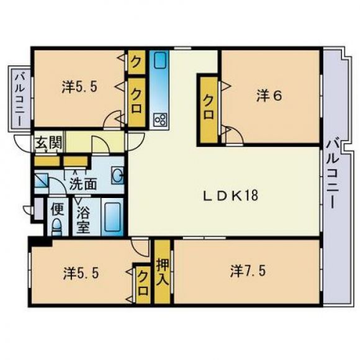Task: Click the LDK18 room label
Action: click(231, 196)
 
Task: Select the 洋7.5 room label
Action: click(248, 271)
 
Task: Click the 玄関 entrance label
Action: click(49, 142)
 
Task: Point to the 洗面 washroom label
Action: click(83, 184)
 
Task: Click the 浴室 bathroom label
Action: click(83, 220)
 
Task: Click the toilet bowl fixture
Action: click(57, 227)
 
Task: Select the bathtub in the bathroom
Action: click(112, 217)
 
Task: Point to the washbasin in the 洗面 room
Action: click(117, 176)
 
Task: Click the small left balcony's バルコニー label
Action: click(19, 99)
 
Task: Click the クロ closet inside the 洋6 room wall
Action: click(209, 110)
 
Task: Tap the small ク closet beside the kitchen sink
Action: click(137, 62)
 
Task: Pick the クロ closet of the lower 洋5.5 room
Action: click(143, 284)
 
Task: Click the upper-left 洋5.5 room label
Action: click(79, 87)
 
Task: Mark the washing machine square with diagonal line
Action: click(42, 181)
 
